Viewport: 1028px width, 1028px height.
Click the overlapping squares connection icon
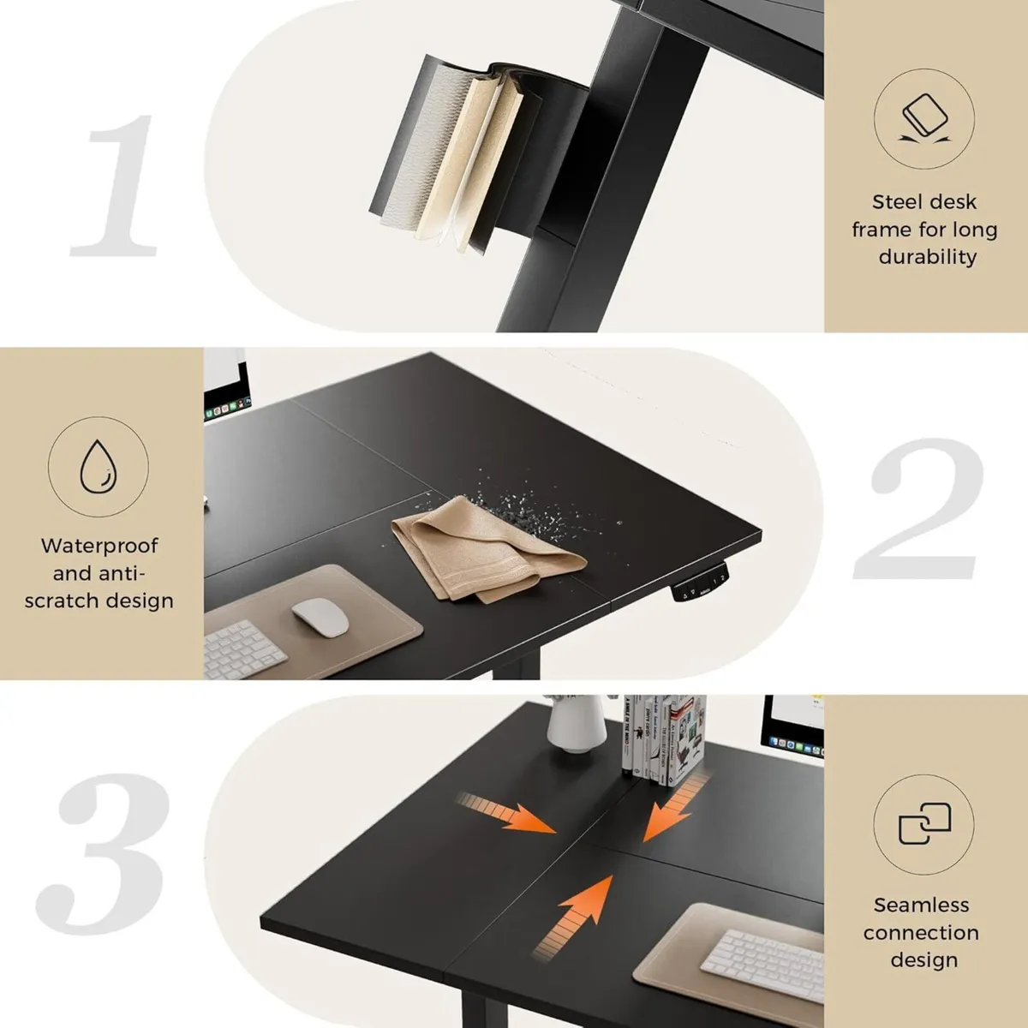click(924, 825)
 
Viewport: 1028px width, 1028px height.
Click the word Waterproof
click(99, 546)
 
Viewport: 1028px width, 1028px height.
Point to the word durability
click(927, 257)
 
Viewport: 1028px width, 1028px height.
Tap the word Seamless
click(921, 905)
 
